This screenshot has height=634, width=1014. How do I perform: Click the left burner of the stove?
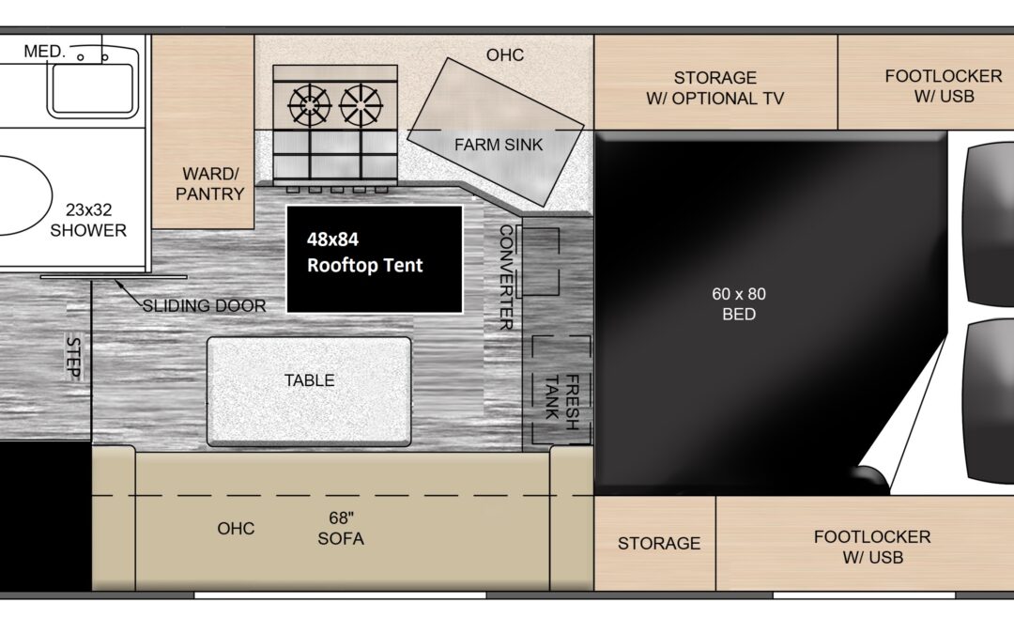point(309,105)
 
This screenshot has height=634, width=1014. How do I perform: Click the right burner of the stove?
point(361,105)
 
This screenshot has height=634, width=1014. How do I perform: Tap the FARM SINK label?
point(499,145)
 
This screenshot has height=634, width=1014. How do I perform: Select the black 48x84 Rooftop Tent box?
point(375,259)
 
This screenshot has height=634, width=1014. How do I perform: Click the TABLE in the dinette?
point(309,392)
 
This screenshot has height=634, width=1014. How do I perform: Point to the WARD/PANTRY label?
point(210,184)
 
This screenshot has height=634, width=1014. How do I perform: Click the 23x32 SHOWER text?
point(88,220)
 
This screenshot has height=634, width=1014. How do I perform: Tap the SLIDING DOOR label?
point(205,305)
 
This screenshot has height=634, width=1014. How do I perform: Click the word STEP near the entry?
point(74,358)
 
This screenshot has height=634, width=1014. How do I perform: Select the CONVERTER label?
point(506,277)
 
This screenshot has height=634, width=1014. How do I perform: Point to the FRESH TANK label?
point(562,402)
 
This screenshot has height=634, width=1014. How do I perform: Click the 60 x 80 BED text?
point(739,304)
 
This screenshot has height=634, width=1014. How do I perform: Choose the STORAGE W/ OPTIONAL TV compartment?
point(715,82)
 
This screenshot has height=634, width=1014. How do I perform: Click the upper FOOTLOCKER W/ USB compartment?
point(926,82)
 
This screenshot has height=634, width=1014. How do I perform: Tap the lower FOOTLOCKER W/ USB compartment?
point(865,544)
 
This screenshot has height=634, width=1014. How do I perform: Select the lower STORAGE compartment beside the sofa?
point(654,544)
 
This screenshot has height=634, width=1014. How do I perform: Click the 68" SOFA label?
point(341,529)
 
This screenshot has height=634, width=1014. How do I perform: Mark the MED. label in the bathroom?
point(45,51)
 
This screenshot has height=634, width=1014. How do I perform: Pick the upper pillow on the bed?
point(990,224)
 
